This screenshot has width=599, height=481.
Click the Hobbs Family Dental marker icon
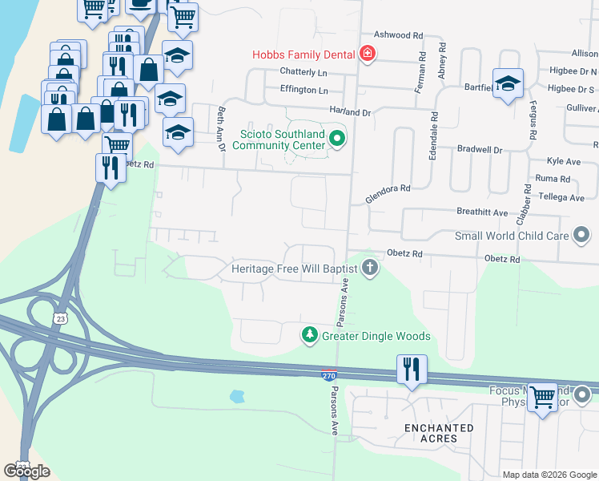coord(368,55)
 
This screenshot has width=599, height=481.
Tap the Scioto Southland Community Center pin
coord(337,139)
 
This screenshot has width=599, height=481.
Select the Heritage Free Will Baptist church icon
coord(369,268)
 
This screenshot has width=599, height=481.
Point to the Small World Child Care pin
coord(581,236)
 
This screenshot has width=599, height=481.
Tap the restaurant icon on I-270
coord(412,370)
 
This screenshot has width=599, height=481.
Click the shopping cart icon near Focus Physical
coord(542,396)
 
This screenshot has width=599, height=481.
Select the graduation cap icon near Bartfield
coord(508,83)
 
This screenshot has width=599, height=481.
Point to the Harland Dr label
coord(351,113)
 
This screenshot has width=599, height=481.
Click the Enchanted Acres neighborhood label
coord(438,433)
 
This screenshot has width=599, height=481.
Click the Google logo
coord(26,471)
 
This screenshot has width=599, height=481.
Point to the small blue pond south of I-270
coord(235,396)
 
